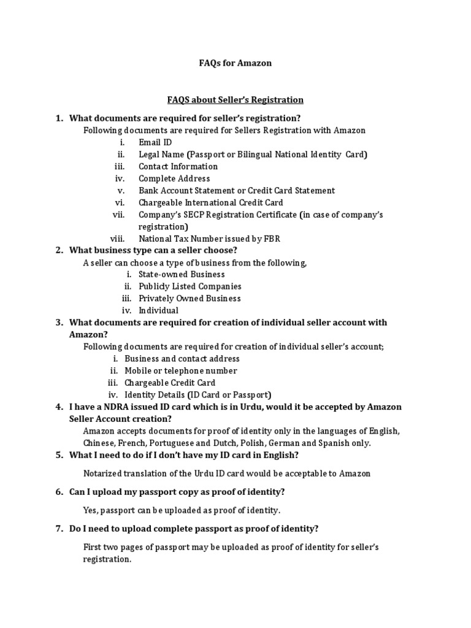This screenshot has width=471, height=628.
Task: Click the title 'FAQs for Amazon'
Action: coord(235,63)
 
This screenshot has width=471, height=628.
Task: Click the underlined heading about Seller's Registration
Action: coord(235,99)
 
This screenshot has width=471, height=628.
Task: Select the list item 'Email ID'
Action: coord(155,142)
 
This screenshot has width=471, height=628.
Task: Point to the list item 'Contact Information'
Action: coord(178,166)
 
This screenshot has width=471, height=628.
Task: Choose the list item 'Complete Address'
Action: coord(174,178)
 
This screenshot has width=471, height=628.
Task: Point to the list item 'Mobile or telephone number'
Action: coord(180,370)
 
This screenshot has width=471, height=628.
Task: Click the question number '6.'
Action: coord(59,492)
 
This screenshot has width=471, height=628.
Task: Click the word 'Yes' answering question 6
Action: coord(90,510)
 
